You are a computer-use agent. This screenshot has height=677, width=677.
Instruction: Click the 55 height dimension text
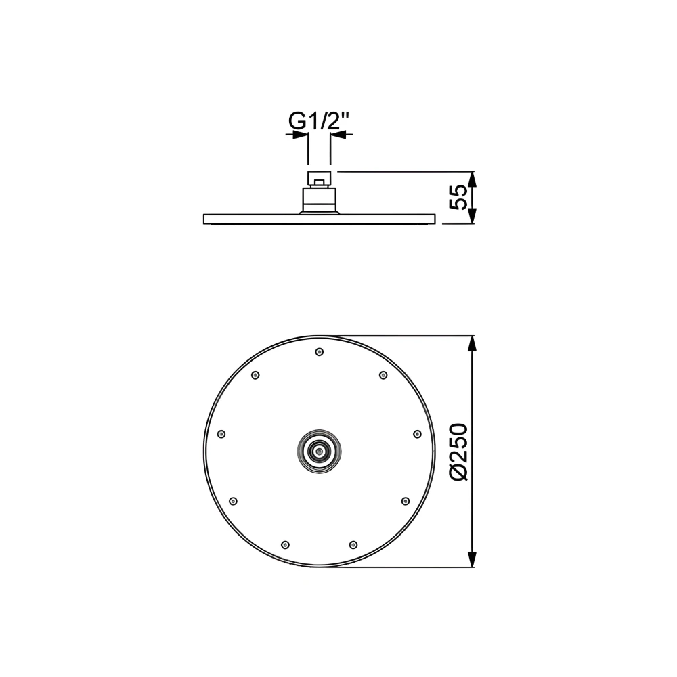click(459, 197)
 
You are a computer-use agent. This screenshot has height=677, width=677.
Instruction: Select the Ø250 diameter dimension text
click(459, 452)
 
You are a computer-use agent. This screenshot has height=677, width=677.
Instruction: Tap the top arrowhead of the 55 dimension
click(473, 177)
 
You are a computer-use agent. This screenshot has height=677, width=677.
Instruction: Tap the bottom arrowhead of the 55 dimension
click(473, 217)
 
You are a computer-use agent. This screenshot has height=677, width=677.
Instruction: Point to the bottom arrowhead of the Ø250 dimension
click(473, 559)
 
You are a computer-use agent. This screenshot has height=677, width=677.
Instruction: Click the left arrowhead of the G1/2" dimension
click(301, 135)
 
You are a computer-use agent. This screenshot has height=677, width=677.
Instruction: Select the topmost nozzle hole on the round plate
click(319, 351)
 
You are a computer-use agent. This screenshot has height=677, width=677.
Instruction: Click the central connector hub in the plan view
click(318, 450)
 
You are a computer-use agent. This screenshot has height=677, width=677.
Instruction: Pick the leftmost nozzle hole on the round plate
click(221, 434)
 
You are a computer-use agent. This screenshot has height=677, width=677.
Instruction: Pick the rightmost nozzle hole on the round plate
click(416, 434)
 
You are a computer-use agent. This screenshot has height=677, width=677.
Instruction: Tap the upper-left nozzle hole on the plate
click(255, 375)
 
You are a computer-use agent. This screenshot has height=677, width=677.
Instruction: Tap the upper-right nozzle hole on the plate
click(383, 375)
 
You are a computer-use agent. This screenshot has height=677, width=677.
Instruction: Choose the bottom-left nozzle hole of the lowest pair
click(285, 544)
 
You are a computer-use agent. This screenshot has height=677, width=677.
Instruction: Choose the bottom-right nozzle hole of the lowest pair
click(352, 544)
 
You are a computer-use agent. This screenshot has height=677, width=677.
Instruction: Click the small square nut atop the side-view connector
click(318, 179)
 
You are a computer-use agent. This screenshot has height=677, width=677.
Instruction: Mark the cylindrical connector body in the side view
click(318, 200)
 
